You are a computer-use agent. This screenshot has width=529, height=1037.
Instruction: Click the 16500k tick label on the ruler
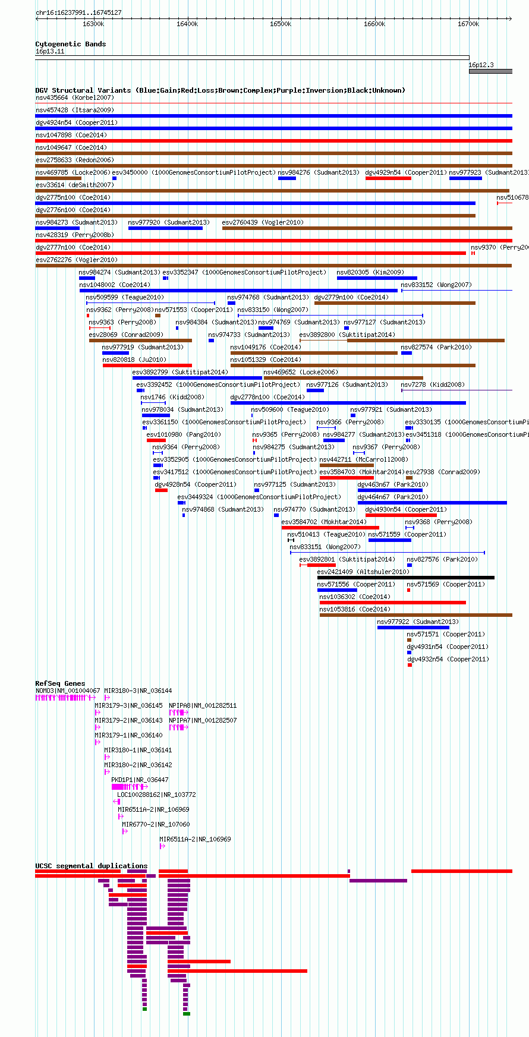point(281,24)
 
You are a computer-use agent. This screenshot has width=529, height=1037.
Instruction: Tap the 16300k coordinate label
point(93,24)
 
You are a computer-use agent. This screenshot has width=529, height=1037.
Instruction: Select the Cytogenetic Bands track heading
point(71,44)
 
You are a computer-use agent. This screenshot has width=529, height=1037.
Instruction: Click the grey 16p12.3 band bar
point(490,71)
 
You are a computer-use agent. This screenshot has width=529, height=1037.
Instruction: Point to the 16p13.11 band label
point(50,52)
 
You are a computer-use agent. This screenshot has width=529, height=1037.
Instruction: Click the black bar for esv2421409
point(406,578)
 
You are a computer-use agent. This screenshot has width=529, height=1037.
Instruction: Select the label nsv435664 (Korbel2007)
point(75,97)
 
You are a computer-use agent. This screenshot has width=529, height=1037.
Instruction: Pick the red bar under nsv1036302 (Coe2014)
point(393,603)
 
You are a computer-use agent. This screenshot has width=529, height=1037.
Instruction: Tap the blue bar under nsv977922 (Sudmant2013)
point(413,628)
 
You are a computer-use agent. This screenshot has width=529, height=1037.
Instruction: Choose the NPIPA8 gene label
point(180,705)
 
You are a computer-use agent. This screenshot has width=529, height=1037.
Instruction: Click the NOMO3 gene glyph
point(64,698)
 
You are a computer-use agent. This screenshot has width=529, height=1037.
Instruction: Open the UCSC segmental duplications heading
point(92,866)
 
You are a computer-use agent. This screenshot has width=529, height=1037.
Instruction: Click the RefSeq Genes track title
point(60,683)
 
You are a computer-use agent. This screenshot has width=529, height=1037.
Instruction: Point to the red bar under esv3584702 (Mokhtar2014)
point(330,528)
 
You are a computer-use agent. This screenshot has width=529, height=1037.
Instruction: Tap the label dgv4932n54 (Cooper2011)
point(448,659)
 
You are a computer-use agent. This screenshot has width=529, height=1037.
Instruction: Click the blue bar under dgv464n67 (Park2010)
point(432,503)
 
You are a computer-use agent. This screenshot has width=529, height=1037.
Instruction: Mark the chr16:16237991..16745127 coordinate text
point(78,12)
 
